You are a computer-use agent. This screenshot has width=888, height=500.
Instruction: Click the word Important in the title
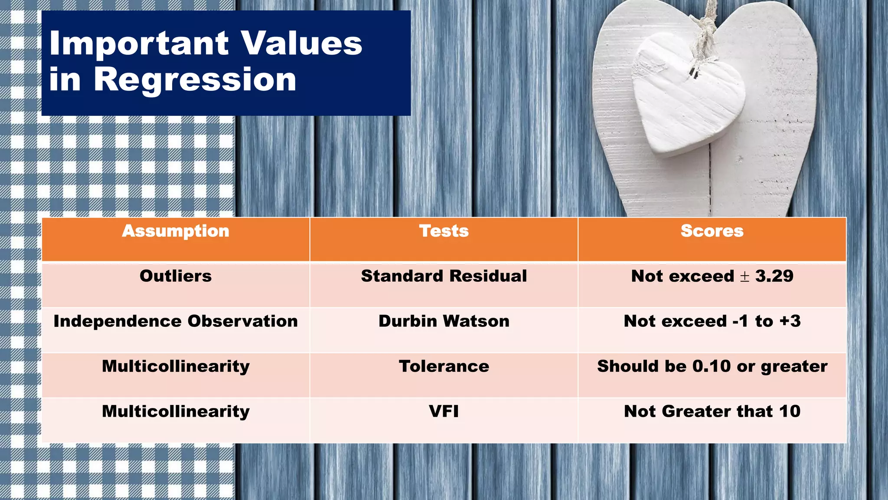pyautogui.click(x=139, y=43)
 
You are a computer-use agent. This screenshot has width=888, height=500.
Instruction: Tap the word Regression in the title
pyautogui.click(x=195, y=80)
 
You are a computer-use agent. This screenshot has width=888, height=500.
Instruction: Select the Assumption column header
pyautogui.click(x=176, y=231)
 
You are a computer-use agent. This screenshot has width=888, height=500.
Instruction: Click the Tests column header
pyautogui.click(x=444, y=231)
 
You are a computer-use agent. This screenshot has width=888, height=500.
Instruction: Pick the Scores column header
pyautogui.click(x=712, y=231)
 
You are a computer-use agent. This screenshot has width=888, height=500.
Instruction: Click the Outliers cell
pyautogui.click(x=176, y=276)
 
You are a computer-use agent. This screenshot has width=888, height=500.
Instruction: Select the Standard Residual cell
pyautogui.click(x=444, y=276)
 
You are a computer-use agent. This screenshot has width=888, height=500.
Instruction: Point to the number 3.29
pyautogui.click(x=774, y=276)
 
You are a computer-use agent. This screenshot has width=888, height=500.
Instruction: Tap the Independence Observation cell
pyautogui.click(x=176, y=321)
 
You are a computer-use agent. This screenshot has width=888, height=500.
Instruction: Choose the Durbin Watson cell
pyautogui.click(x=444, y=321)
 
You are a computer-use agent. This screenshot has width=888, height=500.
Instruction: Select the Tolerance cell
pyautogui.click(x=444, y=366)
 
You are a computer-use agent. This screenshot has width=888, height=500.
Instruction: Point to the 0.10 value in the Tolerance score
pyautogui.click(x=711, y=366)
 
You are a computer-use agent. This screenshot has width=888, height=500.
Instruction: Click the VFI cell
pyautogui.click(x=444, y=411)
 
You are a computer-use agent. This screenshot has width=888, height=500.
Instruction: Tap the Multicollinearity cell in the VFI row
pyautogui.click(x=176, y=411)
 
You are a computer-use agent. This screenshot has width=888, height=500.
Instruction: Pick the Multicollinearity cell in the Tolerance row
pyautogui.click(x=176, y=366)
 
